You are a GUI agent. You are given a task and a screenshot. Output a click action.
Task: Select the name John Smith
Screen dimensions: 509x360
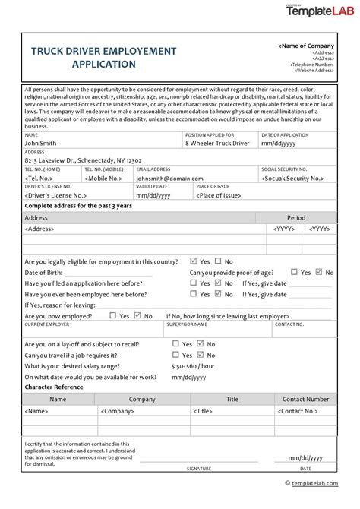[41, 142]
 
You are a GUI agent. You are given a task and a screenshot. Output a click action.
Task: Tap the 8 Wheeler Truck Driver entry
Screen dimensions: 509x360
[216, 142]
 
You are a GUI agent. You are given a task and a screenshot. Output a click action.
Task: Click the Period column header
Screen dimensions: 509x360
[296, 217]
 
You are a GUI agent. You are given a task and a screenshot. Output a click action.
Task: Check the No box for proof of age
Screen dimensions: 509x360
[319, 271]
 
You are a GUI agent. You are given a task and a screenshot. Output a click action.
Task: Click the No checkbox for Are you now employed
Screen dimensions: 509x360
[137, 315]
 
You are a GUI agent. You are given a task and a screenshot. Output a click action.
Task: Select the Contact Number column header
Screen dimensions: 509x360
[305, 399]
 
